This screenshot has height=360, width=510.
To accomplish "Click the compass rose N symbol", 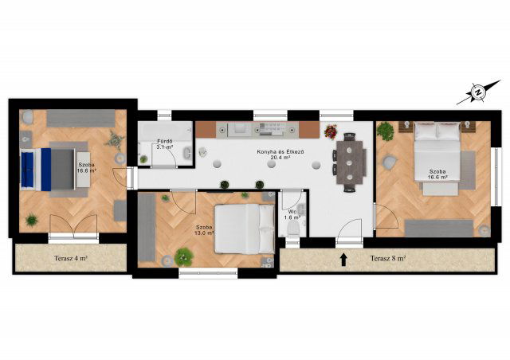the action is (x=478, y=92).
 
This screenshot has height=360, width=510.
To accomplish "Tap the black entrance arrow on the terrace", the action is (x=343, y=260).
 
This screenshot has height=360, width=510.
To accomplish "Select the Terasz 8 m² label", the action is (x=388, y=259).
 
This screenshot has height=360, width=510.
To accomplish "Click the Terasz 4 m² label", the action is (x=70, y=259).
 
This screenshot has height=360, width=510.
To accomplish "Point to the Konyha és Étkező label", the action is (x=280, y=155).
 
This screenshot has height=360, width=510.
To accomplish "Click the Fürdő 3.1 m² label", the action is (x=165, y=144).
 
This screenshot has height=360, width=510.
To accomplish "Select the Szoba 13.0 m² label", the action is (x=204, y=230).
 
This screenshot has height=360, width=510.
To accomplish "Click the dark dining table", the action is (x=349, y=162).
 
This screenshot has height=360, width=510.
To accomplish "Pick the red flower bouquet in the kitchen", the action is (x=331, y=131).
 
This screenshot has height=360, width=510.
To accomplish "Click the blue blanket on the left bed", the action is (x=36, y=170).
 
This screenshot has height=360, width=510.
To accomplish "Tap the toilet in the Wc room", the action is (x=293, y=229).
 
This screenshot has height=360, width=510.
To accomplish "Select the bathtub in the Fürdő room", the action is (x=165, y=131).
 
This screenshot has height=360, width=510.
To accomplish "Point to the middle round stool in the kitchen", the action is (x=271, y=165).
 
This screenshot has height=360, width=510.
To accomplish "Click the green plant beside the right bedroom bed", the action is (x=386, y=131).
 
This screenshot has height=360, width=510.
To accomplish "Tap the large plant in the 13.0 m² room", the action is (x=184, y=257).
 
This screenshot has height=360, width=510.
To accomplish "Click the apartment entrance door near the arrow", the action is (x=349, y=232).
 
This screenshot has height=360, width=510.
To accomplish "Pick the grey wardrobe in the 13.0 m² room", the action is (x=147, y=227).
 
